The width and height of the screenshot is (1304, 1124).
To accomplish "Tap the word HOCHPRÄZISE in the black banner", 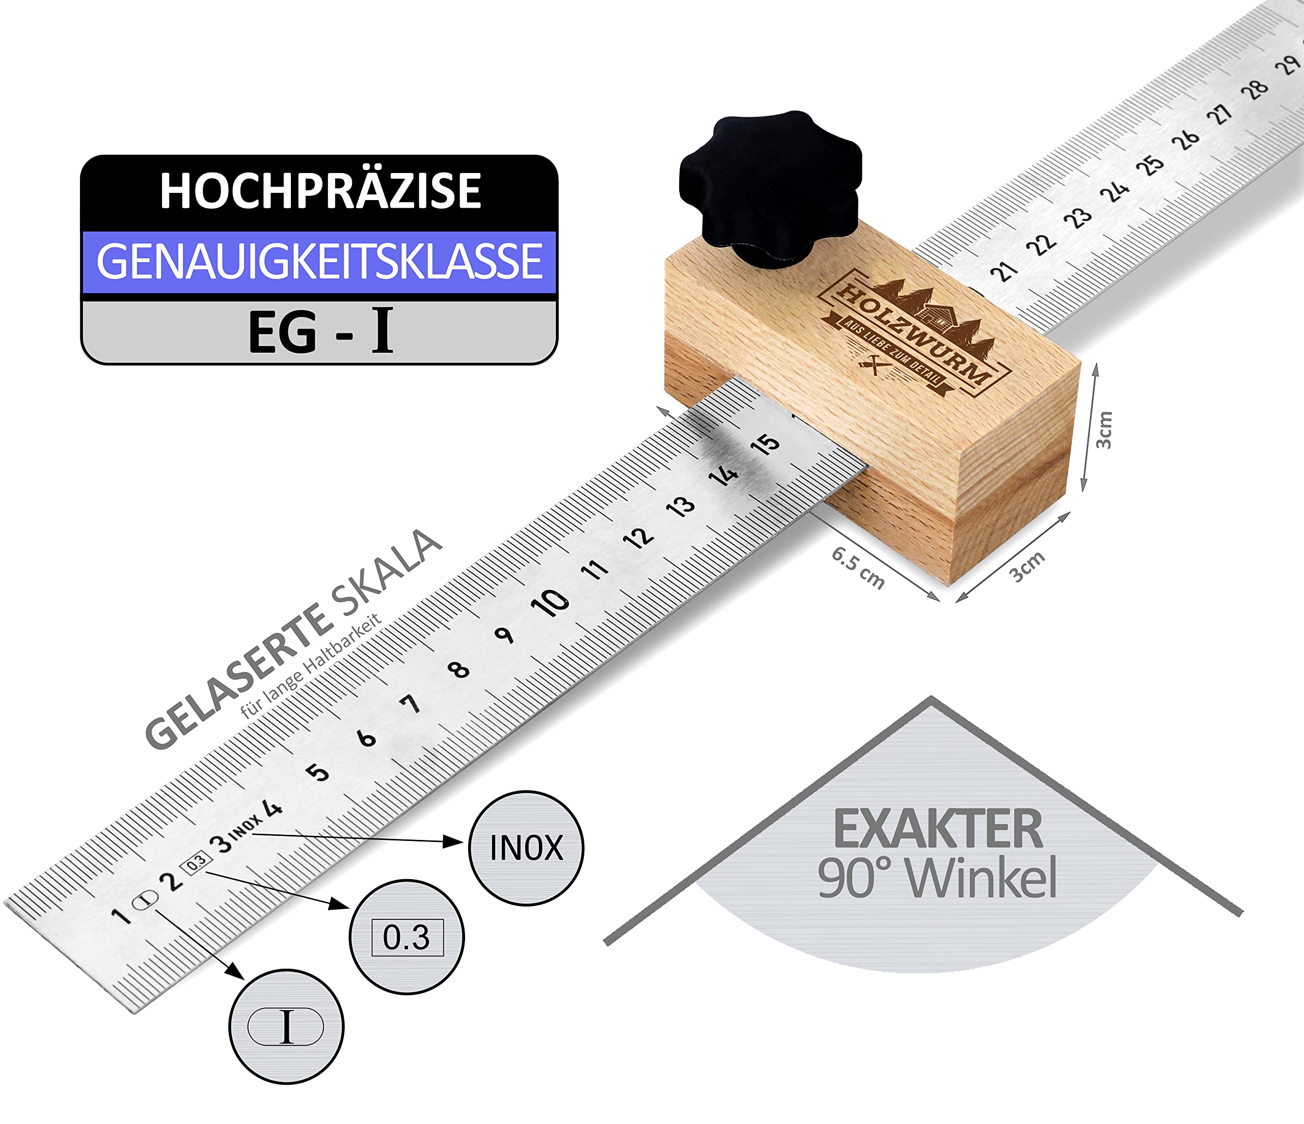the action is point(320,190).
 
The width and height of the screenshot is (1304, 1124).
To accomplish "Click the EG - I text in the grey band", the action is point(321,331).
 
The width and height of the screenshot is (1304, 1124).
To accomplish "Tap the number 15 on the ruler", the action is point(765,444).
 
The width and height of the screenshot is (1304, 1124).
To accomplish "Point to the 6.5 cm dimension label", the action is point(858,568).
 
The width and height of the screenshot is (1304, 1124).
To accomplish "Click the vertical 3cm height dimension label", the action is point(1104,430).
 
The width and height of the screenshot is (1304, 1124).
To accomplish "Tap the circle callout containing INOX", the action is point(526,848).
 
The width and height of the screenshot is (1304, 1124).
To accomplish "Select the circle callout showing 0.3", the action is point(406,937).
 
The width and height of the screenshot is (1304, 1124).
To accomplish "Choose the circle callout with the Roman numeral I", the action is point(286,1026).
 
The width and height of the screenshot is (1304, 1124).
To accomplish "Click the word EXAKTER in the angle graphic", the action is point(938,829).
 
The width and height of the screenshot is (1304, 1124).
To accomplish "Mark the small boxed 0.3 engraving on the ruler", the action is point(196,862).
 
